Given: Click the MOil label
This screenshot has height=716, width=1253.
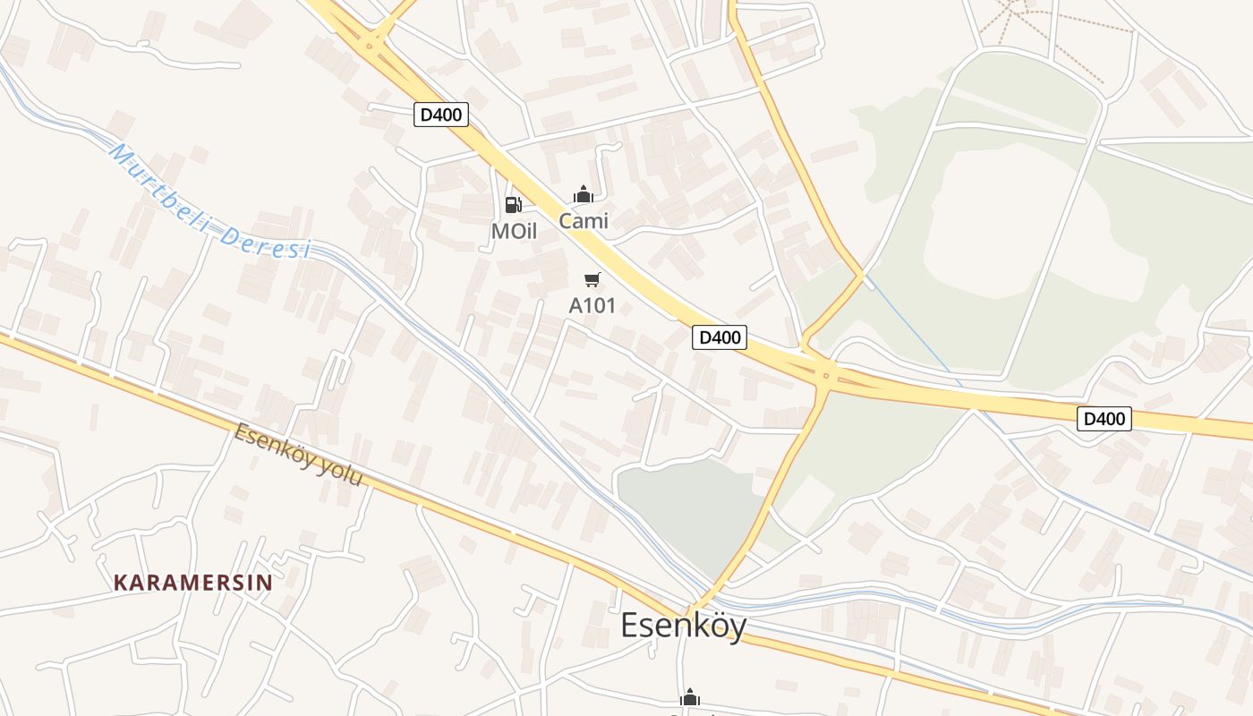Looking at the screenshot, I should [514, 231].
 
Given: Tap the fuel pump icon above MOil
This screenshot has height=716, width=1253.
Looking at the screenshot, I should [514, 205].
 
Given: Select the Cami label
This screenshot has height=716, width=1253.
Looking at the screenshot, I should [584, 220].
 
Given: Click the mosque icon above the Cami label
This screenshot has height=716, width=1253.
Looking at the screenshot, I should [584, 194].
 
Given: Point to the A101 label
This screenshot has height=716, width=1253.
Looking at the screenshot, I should [592, 305].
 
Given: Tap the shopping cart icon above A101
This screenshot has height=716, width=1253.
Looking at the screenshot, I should [592, 280].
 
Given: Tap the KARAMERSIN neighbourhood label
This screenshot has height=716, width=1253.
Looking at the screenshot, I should [193, 583].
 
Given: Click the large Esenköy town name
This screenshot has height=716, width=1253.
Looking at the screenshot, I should [684, 626].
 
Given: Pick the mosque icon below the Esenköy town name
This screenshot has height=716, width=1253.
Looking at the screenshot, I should [689, 697].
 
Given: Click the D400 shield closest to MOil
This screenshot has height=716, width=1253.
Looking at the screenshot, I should [441, 115].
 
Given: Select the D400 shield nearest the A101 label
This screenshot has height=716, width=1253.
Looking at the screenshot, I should [720, 337].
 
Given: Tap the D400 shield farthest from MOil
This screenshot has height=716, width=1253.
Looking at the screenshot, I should [1104, 418].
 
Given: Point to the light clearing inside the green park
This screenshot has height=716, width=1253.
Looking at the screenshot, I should [1029, 215].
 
